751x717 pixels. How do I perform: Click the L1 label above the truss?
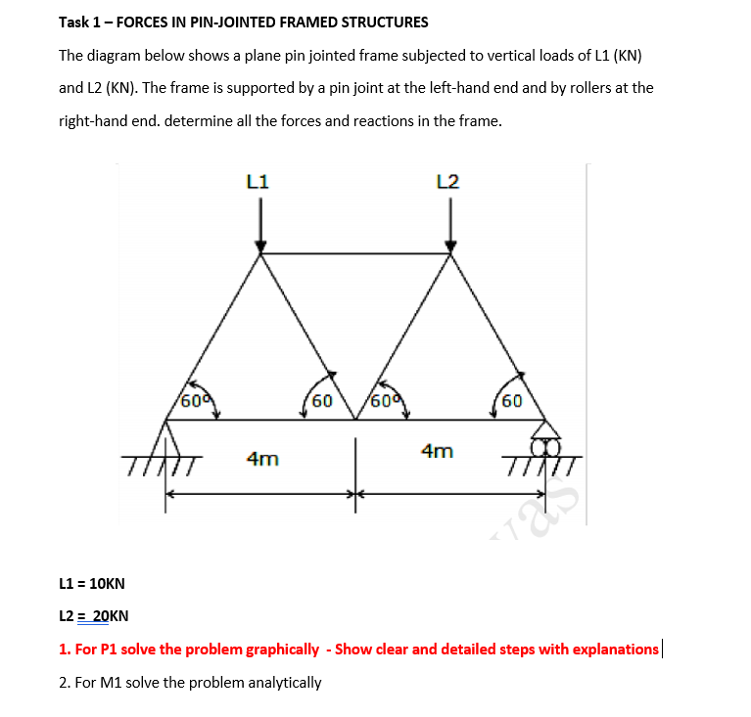click(x=259, y=181)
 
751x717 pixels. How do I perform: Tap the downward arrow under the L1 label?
click(x=260, y=225)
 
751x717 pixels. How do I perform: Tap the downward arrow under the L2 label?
click(x=450, y=225)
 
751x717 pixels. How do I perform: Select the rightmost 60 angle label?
click(x=511, y=400)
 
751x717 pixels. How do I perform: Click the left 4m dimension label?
click(x=261, y=458)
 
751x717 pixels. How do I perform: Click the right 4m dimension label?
click(x=437, y=451)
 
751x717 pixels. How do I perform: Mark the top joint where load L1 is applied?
click(x=260, y=254)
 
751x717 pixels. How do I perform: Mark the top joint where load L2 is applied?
click(x=450, y=254)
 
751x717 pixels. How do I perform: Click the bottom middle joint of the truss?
click(x=355, y=420)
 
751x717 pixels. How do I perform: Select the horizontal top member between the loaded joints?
click(x=355, y=254)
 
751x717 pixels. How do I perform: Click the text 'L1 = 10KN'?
click(x=92, y=584)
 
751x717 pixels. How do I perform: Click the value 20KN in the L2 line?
click(x=110, y=616)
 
